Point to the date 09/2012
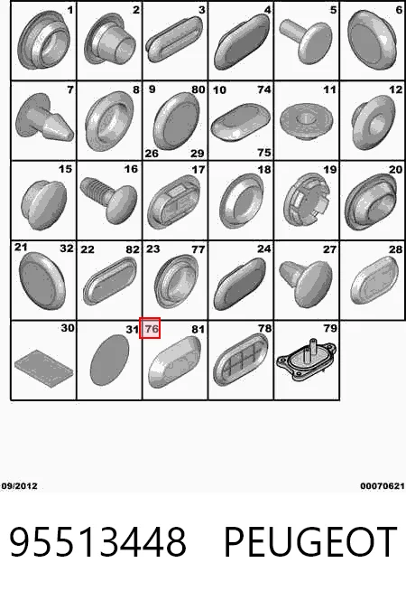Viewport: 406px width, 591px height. click(19, 486)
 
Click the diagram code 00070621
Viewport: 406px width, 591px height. click(383, 486)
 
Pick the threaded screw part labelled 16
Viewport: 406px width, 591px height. click(109, 200)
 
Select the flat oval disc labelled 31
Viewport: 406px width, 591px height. click(109, 360)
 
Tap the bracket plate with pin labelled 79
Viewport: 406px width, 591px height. click(306, 360)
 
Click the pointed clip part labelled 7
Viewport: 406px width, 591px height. click(44, 118)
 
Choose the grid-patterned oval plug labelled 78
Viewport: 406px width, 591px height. click(240, 359)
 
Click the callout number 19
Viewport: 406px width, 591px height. click(330, 170)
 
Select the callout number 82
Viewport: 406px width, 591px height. click(133, 249)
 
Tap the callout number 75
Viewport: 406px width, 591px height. click(264, 152)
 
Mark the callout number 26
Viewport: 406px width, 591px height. click(152, 154)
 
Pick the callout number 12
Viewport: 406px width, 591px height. click(395, 89)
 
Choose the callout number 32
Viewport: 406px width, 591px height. click(67, 248)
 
